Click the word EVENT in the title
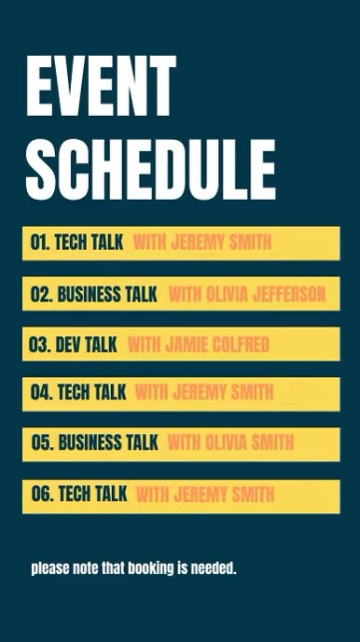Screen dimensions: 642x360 tap(101, 86)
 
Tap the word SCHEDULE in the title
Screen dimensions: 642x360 tap(150, 170)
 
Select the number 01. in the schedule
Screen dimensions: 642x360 tap(39, 244)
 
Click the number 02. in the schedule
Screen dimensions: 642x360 tap(41, 295)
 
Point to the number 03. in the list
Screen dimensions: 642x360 tap(39, 345)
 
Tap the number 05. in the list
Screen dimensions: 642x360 tap(42, 442)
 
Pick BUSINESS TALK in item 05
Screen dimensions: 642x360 tap(108, 442)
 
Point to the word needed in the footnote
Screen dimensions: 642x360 tap(214, 567)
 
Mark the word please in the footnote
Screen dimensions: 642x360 tap(48, 567)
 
